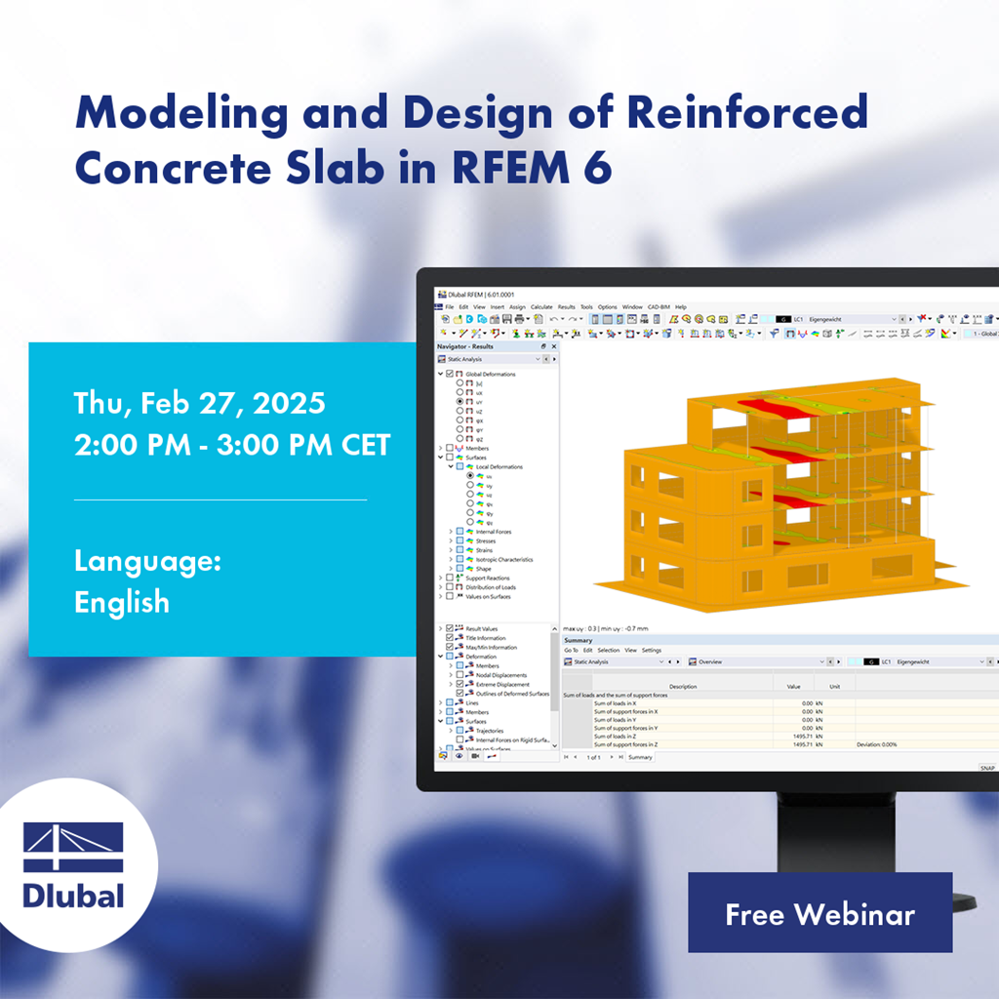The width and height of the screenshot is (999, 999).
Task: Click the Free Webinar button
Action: [x=819, y=913]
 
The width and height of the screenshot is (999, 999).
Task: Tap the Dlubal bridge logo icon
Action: [x=73, y=848]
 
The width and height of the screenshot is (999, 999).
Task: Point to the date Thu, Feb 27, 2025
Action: [x=200, y=403]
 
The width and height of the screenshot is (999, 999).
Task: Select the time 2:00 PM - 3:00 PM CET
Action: [x=232, y=445]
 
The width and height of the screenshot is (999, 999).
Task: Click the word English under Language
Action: [x=122, y=602]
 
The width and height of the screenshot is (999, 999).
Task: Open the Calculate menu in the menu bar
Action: [x=541, y=306]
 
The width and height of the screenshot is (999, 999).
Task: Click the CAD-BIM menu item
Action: [x=659, y=306]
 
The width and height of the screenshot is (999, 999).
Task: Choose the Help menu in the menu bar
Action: [x=681, y=306]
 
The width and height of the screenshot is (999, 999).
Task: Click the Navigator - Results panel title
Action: [x=466, y=345]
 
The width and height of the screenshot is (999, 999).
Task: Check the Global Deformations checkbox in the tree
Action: [x=450, y=374]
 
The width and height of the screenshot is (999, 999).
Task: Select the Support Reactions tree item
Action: [x=487, y=579]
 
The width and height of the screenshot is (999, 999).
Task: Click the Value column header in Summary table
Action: [x=793, y=686]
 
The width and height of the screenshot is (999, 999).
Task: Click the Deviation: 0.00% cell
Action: [x=884, y=744]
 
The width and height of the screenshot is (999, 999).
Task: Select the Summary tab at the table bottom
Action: [x=640, y=757]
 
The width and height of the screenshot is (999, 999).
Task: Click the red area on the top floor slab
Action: [x=761, y=401]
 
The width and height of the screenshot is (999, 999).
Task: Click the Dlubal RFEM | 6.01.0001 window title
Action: [x=481, y=294]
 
